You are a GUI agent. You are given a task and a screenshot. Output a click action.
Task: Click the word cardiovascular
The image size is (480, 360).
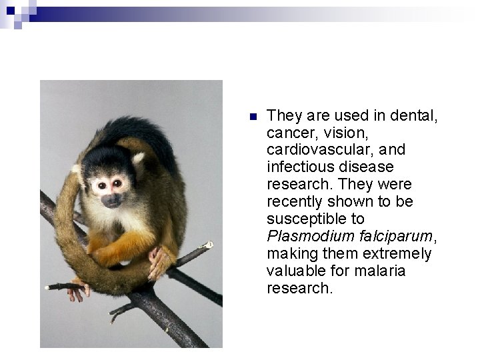317,149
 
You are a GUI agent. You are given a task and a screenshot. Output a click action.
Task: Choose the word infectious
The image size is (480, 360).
297,167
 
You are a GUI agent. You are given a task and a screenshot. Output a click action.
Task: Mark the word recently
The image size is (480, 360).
292,201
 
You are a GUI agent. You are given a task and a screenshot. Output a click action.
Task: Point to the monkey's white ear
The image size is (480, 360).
138,160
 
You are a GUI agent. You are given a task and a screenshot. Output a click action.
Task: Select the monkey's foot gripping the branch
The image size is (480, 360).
159,262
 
